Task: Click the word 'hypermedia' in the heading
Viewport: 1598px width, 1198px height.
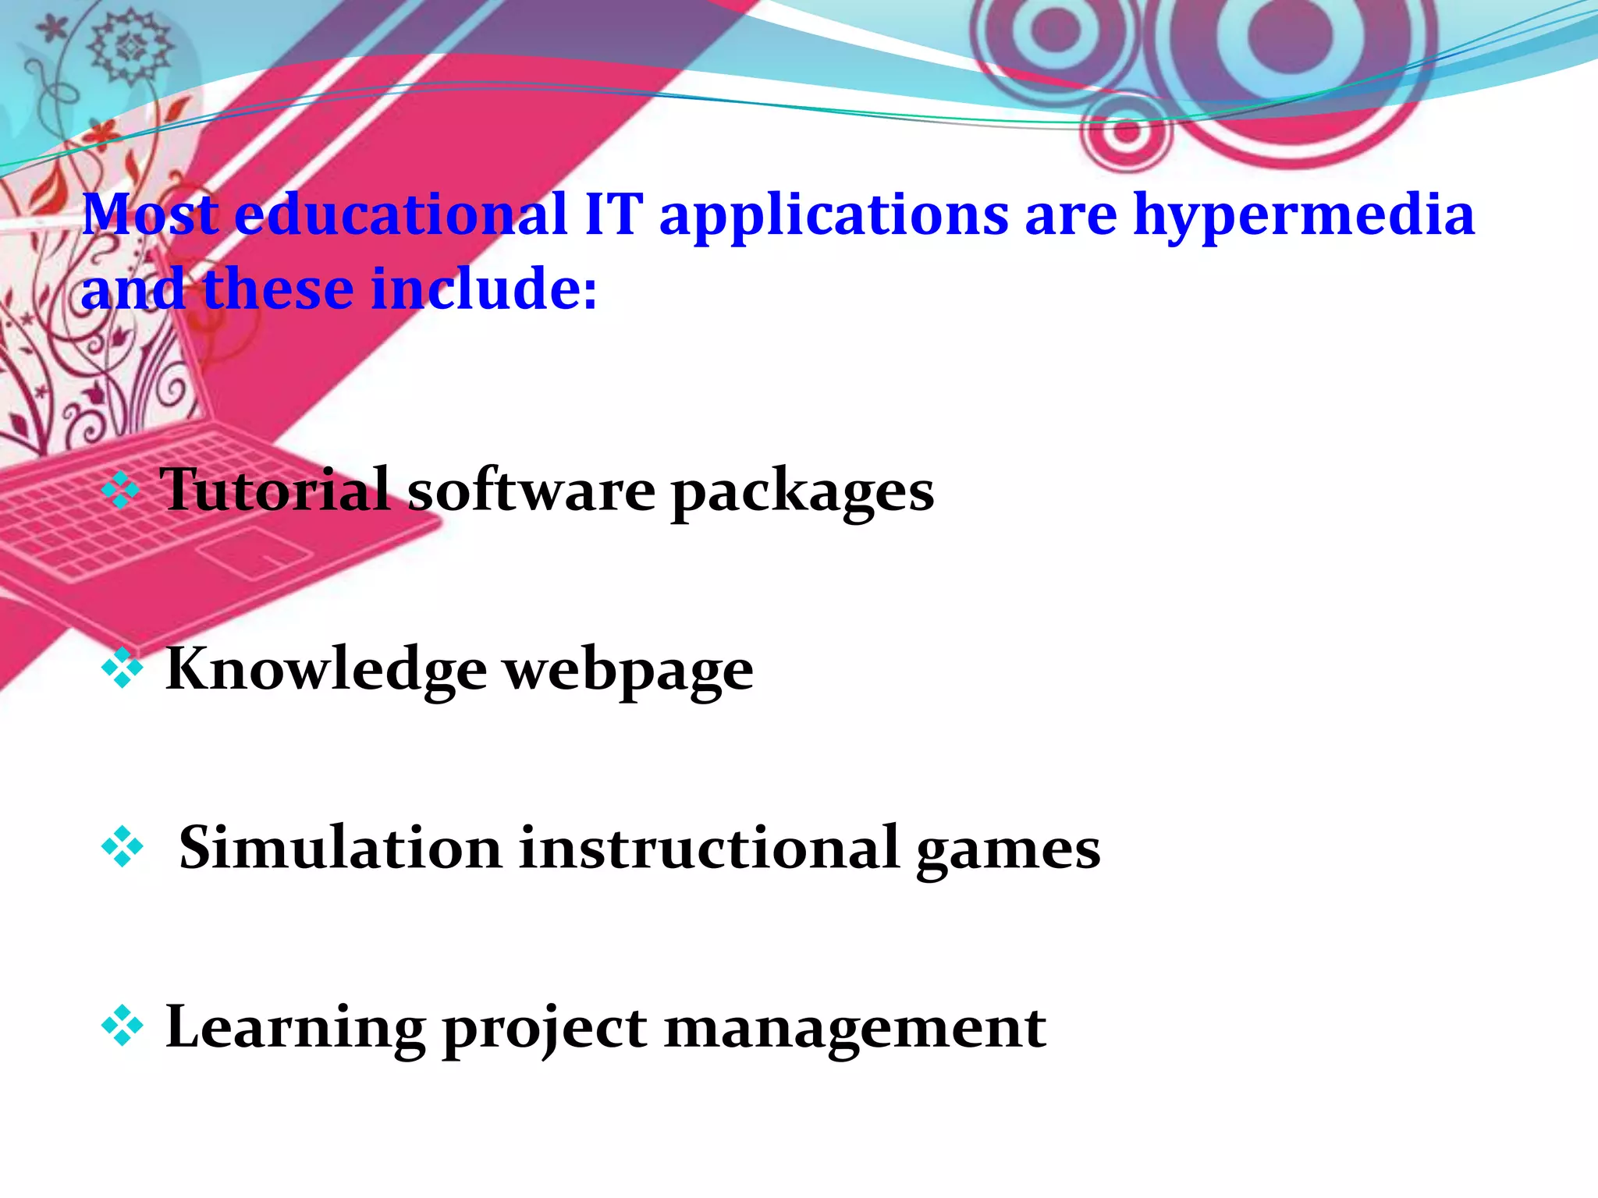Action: pos(1303,217)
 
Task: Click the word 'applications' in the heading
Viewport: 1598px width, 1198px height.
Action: pos(833,217)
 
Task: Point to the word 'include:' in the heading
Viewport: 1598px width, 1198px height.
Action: pos(484,289)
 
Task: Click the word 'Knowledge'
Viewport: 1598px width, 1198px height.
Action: pos(326,669)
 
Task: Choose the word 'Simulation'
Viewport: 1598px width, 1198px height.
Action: pos(340,848)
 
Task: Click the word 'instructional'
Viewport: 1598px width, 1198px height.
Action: pos(709,848)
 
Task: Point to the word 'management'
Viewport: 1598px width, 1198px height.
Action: pos(855,1030)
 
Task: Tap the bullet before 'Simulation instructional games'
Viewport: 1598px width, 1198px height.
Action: pos(123,848)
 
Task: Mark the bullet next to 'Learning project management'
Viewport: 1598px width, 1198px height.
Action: pos(123,1026)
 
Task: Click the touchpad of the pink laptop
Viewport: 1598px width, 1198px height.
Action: pos(253,551)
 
